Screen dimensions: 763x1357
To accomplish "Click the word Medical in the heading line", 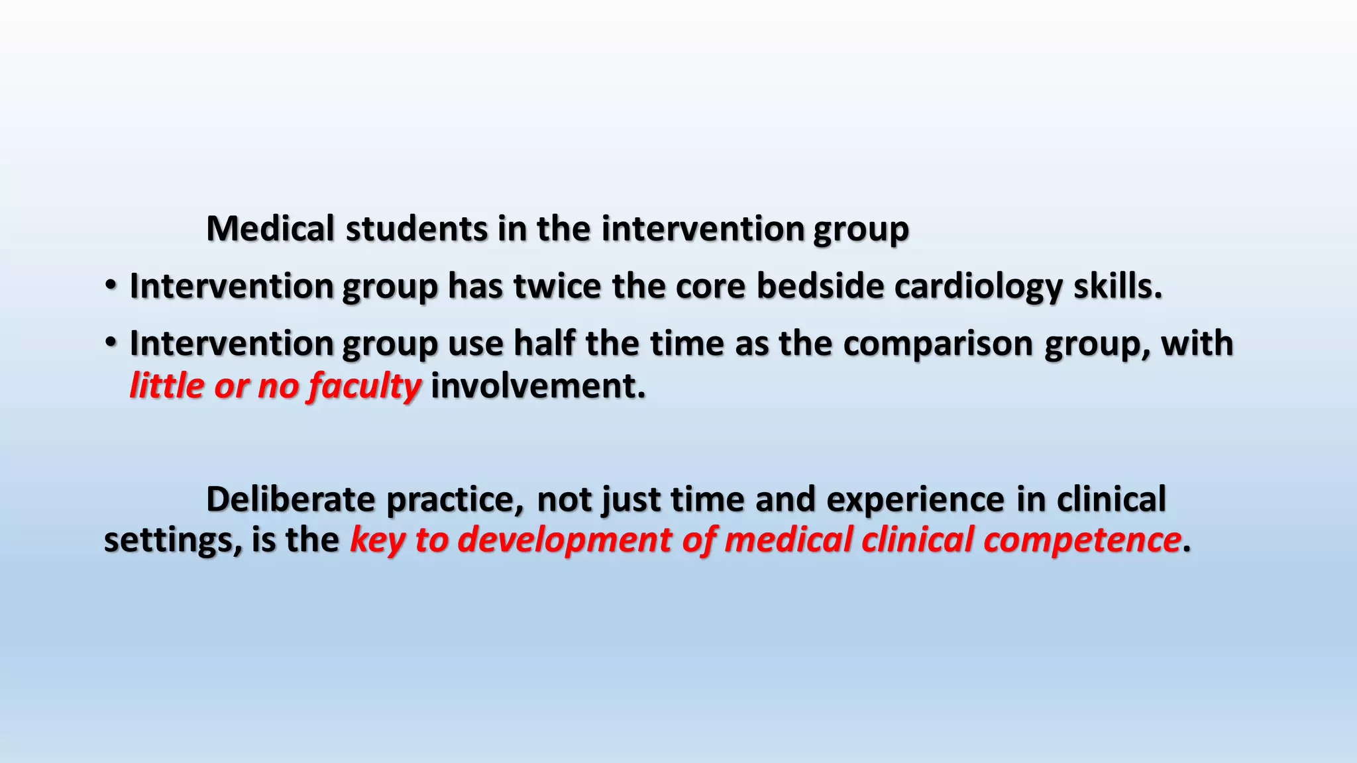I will click(270, 229).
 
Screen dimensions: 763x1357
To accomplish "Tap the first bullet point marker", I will click(111, 286).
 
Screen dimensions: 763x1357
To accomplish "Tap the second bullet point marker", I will click(111, 343).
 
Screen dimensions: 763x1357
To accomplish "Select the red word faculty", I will click(364, 387).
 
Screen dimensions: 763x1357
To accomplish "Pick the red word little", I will click(167, 385).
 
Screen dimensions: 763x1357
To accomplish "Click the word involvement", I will click(537, 385).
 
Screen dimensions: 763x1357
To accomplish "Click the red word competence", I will click(1081, 540).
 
